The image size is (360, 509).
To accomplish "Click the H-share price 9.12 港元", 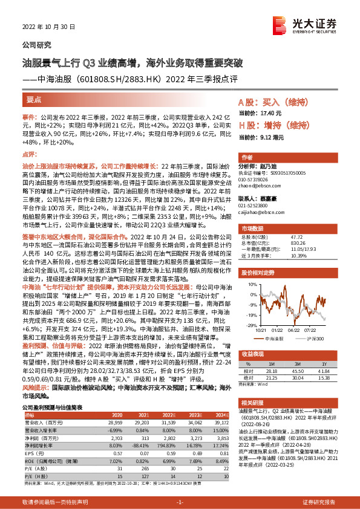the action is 258,137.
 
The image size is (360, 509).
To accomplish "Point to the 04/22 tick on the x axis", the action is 293,329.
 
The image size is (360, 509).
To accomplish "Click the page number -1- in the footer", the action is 179,502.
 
